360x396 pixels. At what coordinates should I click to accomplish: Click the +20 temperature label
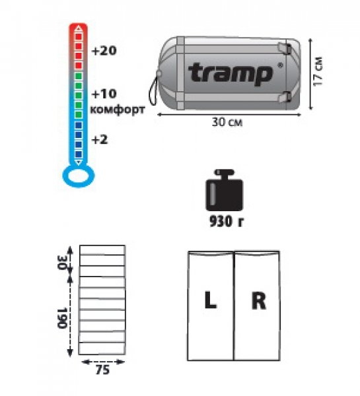point(104,51)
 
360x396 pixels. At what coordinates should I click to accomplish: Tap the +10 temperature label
point(104,94)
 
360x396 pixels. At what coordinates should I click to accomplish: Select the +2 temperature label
point(100,139)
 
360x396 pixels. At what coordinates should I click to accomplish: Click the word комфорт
point(118,110)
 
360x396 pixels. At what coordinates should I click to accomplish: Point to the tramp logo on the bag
point(231,73)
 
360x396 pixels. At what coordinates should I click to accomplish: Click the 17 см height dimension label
point(318,71)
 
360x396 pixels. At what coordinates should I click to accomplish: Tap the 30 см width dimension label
point(227,122)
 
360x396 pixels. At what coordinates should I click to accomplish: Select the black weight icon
point(224,190)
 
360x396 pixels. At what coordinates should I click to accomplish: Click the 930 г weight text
point(227,222)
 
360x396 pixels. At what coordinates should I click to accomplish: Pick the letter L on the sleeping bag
point(210,300)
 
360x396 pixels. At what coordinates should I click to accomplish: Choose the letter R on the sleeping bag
point(259,300)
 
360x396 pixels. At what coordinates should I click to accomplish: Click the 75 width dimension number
point(102,370)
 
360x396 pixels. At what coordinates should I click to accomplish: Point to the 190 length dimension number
point(62,317)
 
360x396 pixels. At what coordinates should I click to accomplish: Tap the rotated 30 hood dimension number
point(62,263)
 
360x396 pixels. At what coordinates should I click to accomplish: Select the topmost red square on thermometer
point(79,36)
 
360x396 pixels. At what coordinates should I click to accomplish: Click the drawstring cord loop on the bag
point(153,90)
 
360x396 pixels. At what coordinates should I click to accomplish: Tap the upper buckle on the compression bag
point(285,48)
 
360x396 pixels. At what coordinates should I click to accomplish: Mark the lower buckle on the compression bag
point(285,97)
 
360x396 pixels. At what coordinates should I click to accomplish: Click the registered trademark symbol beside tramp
point(280,65)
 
